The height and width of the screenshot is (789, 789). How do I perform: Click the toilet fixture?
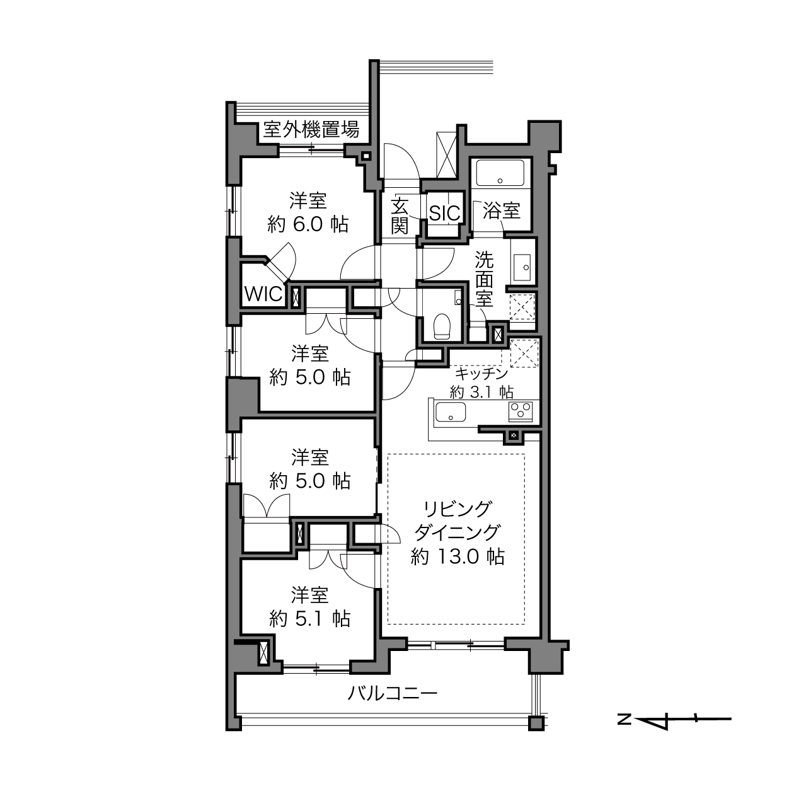(442, 326)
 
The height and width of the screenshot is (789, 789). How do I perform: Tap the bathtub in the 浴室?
(500, 173)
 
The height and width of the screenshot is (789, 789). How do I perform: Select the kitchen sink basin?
(451, 412)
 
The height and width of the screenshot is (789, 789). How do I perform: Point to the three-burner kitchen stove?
(521, 412)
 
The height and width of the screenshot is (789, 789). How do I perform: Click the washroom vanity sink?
(522, 267)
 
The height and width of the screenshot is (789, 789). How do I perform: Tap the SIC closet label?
(445, 213)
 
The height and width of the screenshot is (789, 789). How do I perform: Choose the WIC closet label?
(263, 294)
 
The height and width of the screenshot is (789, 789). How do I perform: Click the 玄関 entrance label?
(399, 216)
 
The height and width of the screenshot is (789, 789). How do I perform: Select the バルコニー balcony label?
(393, 694)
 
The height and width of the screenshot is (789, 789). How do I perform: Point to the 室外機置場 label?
(311, 129)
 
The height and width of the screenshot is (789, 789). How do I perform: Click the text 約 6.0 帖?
(308, 224)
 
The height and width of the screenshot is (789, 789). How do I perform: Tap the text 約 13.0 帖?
(458, 556)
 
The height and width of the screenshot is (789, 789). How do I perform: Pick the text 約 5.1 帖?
(310, 619)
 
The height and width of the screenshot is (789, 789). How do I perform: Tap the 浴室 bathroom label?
(502, 210)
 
